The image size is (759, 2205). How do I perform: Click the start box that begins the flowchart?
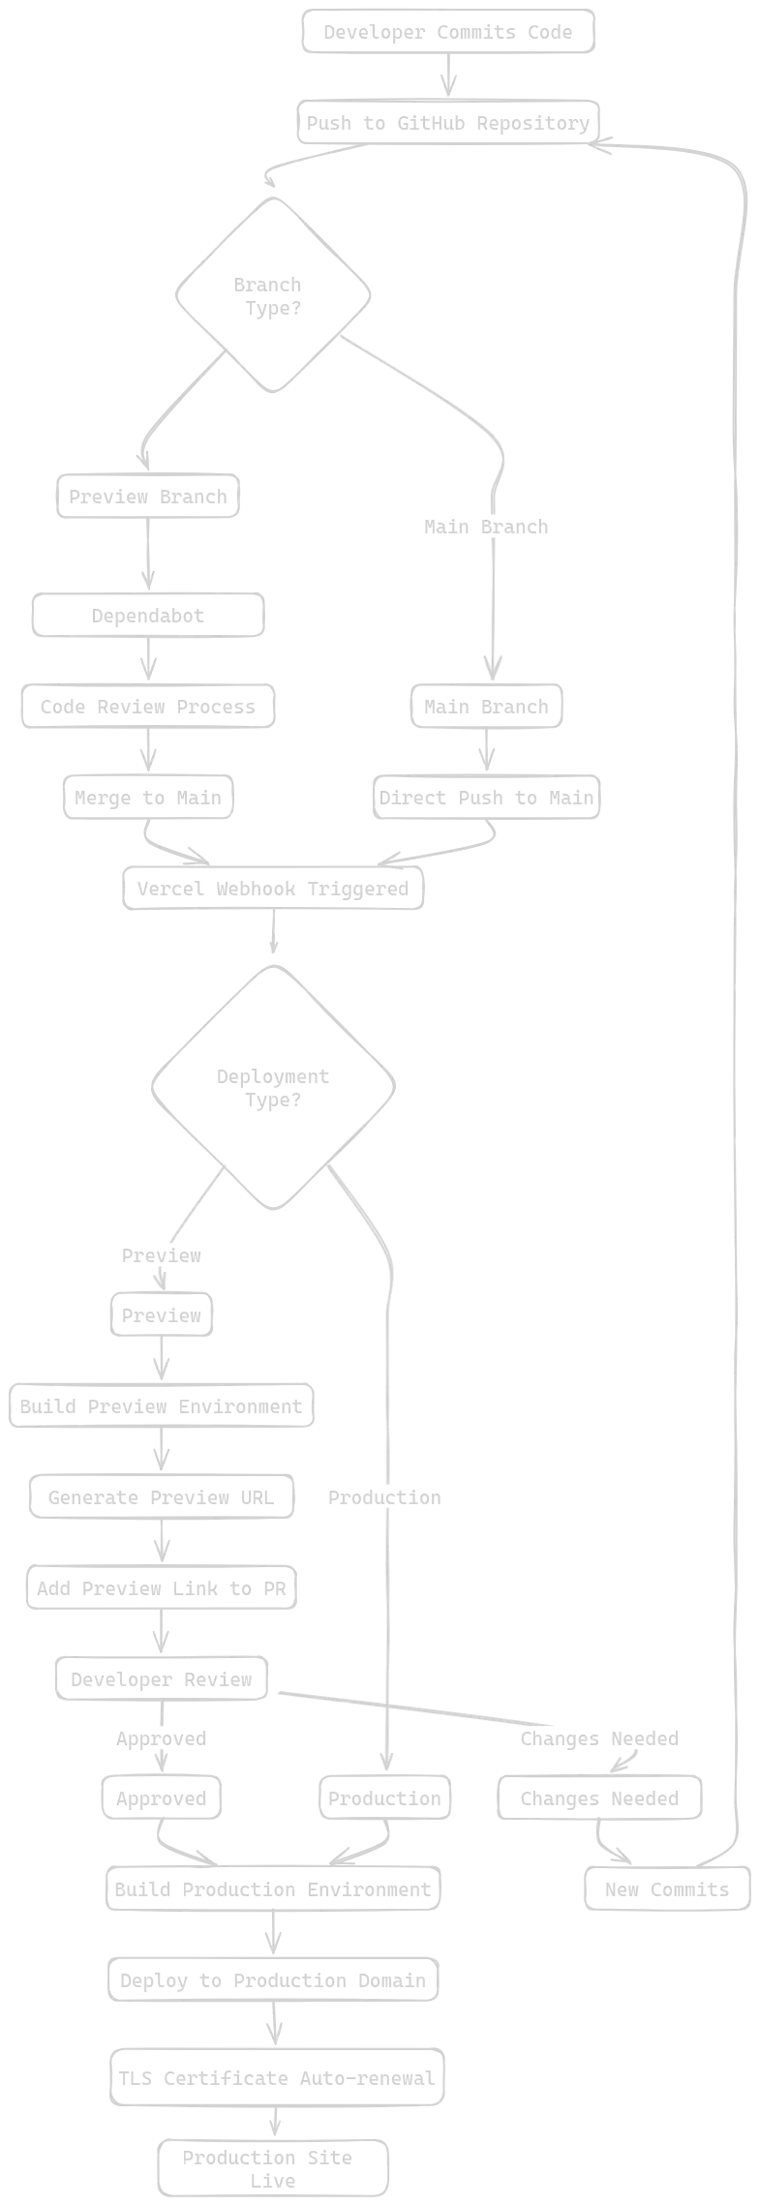point(445,31)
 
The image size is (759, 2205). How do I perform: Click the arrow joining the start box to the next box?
point(446,75)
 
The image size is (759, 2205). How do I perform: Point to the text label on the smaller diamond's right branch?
point(483,527)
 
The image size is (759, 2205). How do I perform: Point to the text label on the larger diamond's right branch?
point(383,1498)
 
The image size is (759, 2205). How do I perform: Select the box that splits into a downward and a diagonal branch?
point(163,1679)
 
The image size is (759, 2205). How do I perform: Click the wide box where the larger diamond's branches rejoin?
point(271,1888)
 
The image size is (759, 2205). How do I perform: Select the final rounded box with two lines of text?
point(276,2168)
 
